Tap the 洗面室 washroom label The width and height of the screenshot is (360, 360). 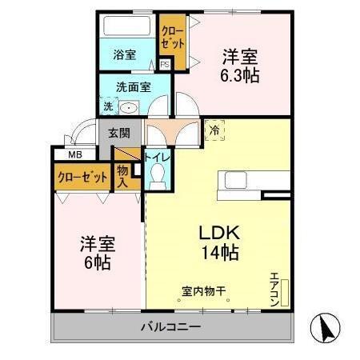[x=133, y=87]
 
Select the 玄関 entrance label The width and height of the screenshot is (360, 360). [x=119, y=133]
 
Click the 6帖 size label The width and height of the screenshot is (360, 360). [x=94, y=262]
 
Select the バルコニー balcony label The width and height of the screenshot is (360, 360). [x=171, y=327]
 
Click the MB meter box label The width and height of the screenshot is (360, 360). [x=74, y=154]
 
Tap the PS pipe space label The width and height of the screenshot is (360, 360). [x=165, y=65]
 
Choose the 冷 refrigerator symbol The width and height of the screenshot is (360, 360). [x=214, y=128]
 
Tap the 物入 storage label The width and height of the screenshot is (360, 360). [x=123, y=176]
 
